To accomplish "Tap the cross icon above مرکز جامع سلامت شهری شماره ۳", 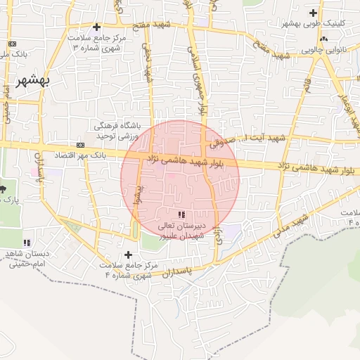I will point(96,27).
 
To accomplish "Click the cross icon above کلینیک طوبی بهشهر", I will point(313,13).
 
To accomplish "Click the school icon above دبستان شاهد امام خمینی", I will point(27,243).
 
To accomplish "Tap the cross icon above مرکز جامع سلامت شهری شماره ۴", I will point(127,255).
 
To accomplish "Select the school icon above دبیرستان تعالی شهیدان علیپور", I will point(181,214).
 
